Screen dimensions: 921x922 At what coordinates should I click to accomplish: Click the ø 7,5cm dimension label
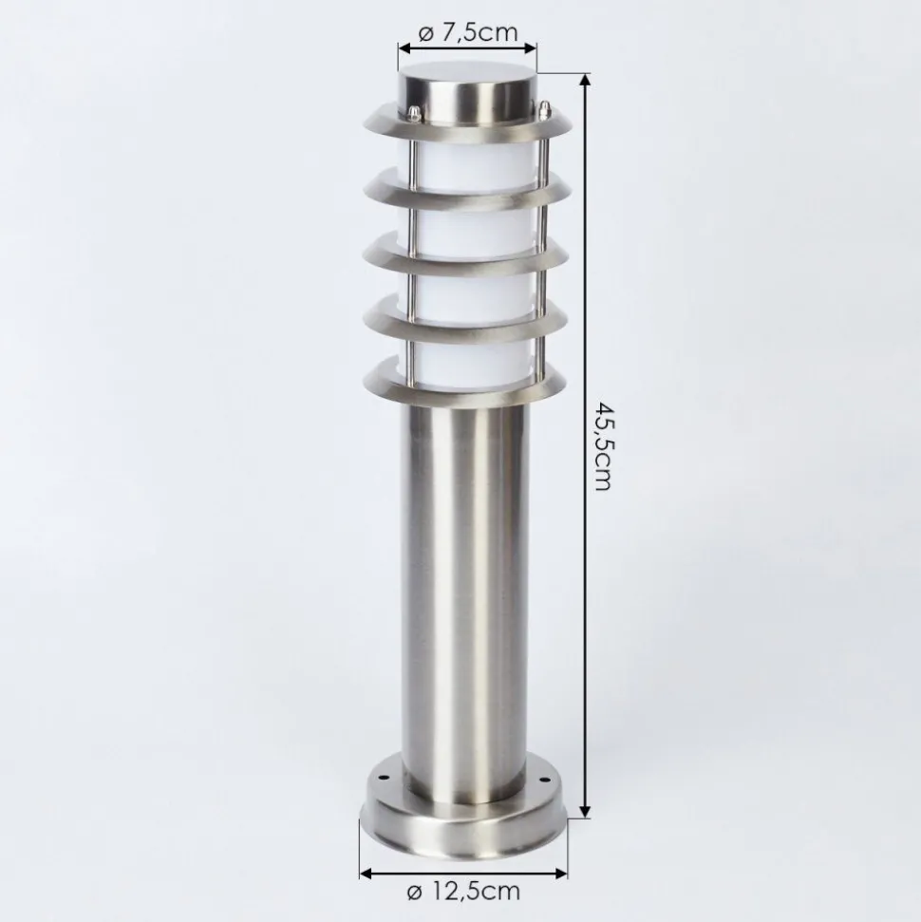click(x=468, y=32)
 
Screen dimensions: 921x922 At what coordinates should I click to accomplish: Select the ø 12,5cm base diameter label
click(x=463, y=891)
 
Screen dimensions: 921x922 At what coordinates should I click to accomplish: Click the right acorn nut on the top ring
click(x=544, y=108)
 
